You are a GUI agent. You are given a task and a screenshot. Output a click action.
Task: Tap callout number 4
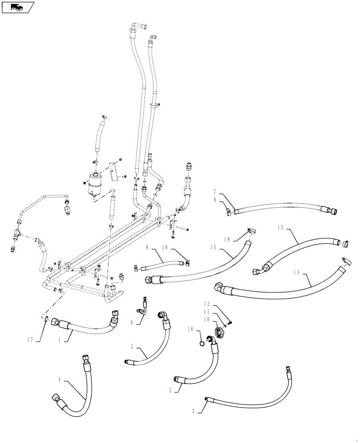pyautogui.click(x=60, y=380)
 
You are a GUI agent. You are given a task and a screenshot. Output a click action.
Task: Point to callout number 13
pyautogui.click(x=280, y=226)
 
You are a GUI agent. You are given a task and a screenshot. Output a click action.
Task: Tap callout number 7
pyautogui.click(x=215, y=192)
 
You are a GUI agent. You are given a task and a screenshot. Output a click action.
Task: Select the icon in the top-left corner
pyautogui.click(x=16, y=7)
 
